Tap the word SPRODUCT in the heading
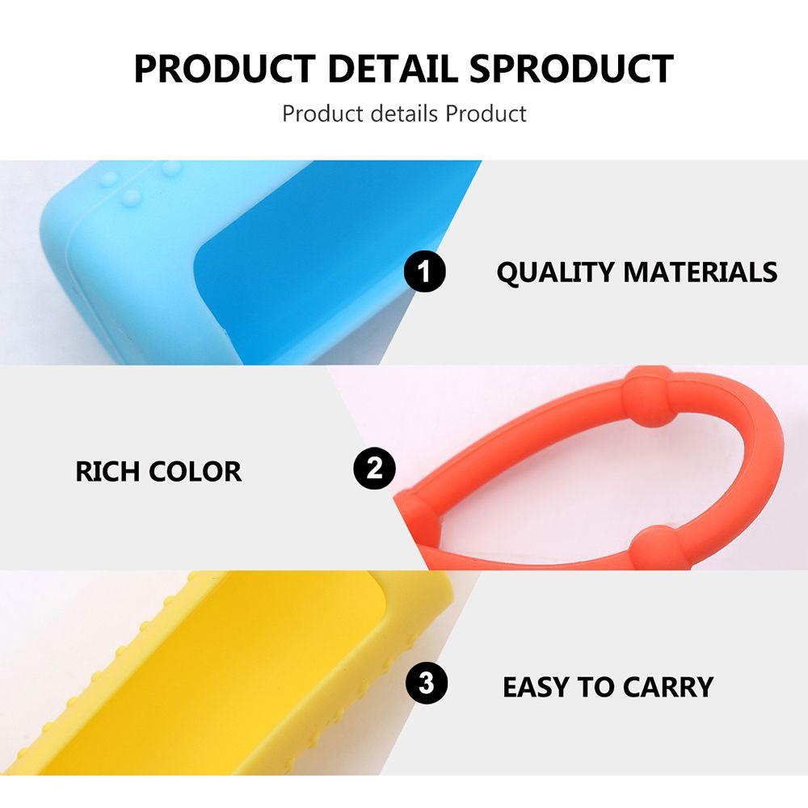click(571, 69)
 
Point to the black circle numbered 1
click(425, 272)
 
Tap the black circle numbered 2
click(375, 469)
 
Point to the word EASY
click(535, 687)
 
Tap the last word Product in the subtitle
click(486, 113)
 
